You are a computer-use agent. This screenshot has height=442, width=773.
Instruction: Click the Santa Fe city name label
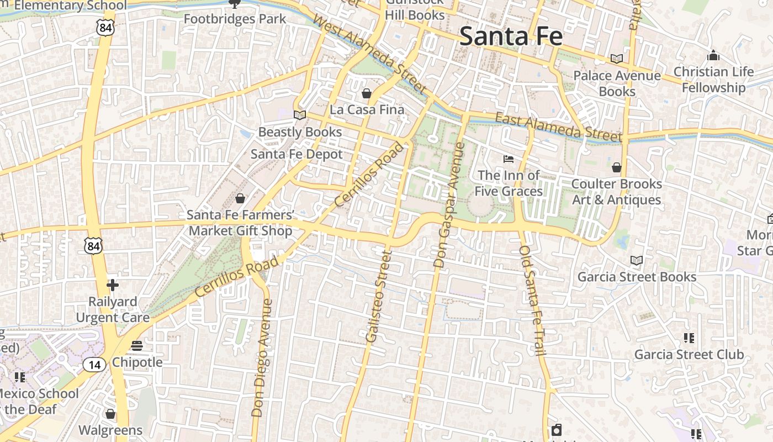pos(511,36)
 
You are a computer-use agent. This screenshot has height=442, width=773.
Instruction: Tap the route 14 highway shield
pos(94,364)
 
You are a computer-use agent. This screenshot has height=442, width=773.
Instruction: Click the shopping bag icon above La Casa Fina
pos(366,93)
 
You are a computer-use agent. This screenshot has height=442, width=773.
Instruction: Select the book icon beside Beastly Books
pos(300,115)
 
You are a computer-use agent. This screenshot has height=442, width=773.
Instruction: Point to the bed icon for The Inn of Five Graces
pos(509,159)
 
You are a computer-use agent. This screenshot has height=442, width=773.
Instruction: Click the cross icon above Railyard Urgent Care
pos(113,285)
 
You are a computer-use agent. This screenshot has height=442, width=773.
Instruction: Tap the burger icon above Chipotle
pos(137,346)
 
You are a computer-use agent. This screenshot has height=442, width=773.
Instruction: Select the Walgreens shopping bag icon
pos(110,414)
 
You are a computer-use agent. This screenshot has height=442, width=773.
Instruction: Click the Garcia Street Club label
pos(689,355)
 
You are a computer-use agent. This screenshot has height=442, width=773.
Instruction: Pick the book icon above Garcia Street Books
pos(636,260)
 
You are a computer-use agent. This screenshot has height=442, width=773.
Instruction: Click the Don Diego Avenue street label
pos(262,357)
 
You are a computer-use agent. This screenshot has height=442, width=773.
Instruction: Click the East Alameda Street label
pos(558,127)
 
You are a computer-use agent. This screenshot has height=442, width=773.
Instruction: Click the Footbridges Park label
pos(235,19)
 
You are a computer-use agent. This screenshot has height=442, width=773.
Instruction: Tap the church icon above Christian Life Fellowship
pos(713,56)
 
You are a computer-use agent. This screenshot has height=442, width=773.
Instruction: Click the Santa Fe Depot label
pos(297,154)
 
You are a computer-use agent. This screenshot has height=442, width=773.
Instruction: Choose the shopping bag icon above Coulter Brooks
pos(617,167)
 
